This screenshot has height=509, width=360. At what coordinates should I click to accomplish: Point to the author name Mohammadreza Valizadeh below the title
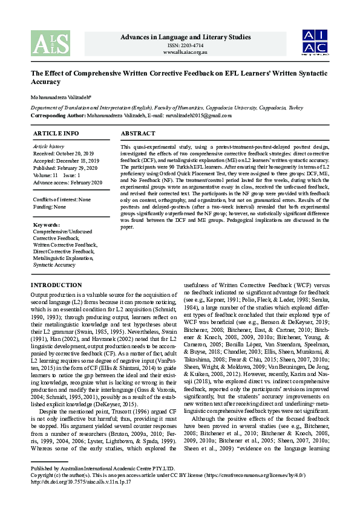(62, 95)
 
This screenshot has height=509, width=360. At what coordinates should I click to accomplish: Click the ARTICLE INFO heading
(56, 133)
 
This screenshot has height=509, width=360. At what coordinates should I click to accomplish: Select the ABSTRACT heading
(138, 133)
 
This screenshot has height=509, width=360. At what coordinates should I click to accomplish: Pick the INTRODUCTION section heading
(56, 285)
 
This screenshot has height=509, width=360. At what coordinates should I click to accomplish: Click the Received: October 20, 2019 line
(63, 154)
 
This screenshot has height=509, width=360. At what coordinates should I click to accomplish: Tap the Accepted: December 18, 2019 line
(65, 161)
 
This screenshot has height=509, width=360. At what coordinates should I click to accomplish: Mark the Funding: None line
(50, 207)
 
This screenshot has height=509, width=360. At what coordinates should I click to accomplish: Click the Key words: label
(47, 225)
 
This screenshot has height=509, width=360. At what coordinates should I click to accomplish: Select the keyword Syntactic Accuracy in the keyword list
(55, 265)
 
